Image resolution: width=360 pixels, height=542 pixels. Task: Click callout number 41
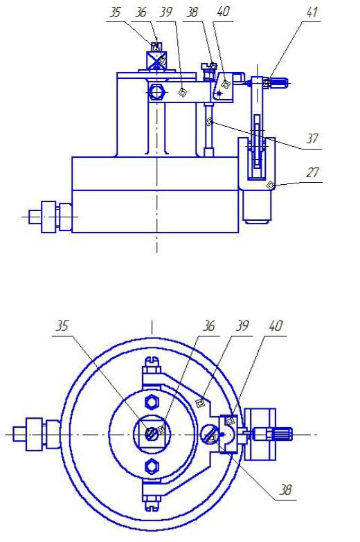pos(312,12)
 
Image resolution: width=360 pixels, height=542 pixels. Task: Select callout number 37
pos(312,138)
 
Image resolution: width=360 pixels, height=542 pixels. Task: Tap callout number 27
pos(312,172)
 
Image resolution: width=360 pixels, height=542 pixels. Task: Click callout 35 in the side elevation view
pos(115,12)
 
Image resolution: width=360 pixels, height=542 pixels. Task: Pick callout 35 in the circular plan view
pos(62,325)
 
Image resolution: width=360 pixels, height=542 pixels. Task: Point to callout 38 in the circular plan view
pos(286,490)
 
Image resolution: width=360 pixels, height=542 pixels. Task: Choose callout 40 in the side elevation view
pos(223,11)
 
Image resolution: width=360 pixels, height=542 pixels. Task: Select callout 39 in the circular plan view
pos(242,325)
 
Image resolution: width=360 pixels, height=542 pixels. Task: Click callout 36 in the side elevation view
pos(141,12)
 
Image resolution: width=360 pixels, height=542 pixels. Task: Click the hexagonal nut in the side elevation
pos(156,93)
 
